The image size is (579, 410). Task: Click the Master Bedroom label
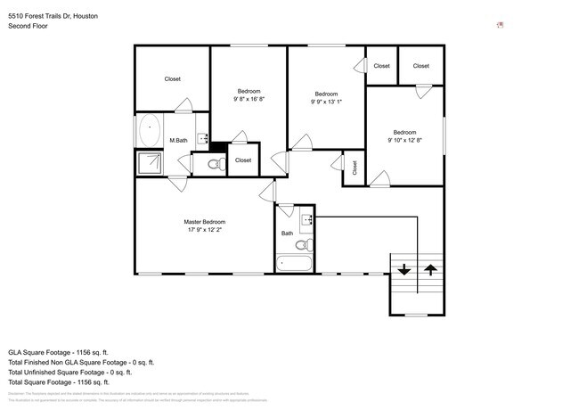[x=205, y=222]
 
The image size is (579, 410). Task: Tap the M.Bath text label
[x=178, y=141]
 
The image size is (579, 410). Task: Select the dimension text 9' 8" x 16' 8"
[x=249, y=99]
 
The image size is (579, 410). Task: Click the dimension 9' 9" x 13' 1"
[x=326, y=102]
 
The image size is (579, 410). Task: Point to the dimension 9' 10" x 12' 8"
[x=404, y=140]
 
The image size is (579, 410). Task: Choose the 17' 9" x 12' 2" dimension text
[x=205, y=230]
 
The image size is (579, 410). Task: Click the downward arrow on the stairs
[x=404, y=268]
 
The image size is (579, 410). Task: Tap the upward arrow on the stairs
[x=430, y=268]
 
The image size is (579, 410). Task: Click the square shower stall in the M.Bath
[x=149, y=162]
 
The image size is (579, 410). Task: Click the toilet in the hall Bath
[x=303, y=244]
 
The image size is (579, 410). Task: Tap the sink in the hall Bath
[x=306, y=219]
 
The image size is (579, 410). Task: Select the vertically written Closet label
[x=354, y=167]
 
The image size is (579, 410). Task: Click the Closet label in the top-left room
[x=172, y=79]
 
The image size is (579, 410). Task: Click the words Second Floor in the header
[x=29, y=27]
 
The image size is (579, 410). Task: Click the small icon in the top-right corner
[x=500, y=25]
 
